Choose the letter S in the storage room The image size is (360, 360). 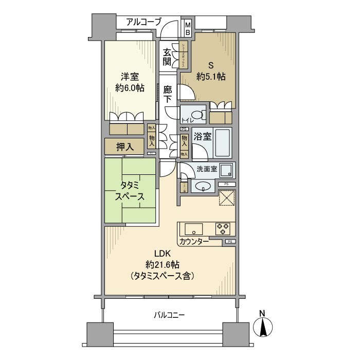[x=210, y=66]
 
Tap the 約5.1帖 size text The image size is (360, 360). [x=211, y=77]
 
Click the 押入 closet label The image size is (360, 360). [x=125, y=147]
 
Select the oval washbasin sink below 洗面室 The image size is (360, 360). [x=205, y=186]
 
